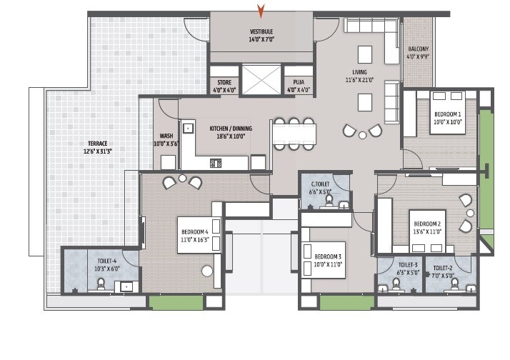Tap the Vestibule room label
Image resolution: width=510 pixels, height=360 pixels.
[x=261, y=32]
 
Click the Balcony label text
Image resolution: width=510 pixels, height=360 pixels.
[x=418, y=49]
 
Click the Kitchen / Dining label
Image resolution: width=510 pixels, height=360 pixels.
[x=227, y=129]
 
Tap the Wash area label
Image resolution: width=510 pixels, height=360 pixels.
[x=166, y=135]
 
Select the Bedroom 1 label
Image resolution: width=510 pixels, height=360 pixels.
[x=447, y=114]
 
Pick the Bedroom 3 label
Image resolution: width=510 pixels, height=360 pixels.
[x=329, y=256]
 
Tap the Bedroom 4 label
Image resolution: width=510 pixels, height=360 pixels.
[x=194, y=231]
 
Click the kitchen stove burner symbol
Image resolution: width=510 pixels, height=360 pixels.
[x=215, y=164]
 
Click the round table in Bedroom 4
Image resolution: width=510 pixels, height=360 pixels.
[x=207, y=271]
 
